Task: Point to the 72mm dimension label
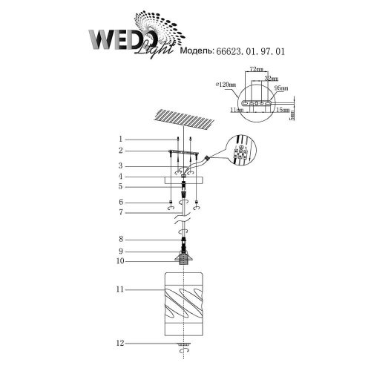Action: (x=256, y=69)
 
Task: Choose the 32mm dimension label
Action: (x=272, y=76)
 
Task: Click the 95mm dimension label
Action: (x=280, y=88)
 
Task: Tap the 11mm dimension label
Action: (x=237, y=109)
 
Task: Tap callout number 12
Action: (x=120, y=344)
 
